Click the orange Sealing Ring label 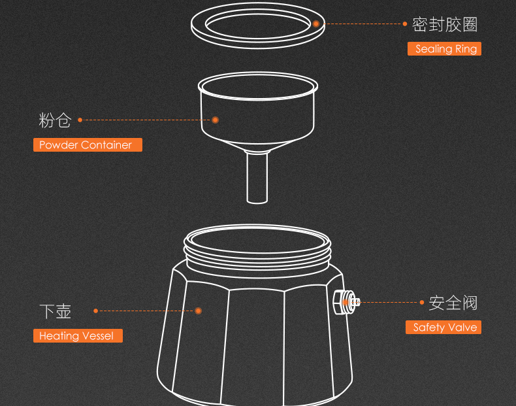444,49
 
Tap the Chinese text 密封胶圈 445,24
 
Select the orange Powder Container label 88,145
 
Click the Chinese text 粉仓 55,120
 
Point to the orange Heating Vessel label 78,336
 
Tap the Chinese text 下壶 56,311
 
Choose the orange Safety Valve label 443,328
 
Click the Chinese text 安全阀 453,303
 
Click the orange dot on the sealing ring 316,24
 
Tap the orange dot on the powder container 216,120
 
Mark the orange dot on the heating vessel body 198,311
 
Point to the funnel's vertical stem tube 257,177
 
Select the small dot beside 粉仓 80,120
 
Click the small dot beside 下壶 96,311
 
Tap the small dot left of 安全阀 422,302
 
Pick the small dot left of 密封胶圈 405,24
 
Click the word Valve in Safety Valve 463,328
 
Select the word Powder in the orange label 59,145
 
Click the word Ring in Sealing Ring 466,49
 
